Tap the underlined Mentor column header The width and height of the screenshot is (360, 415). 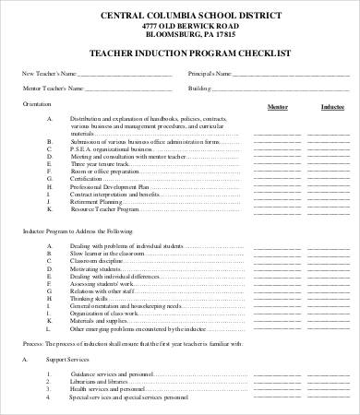pyautogui.click(x=276, y=107)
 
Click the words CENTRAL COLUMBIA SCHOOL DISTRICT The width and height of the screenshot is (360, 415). pyautogui.click(x=180, y=15)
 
